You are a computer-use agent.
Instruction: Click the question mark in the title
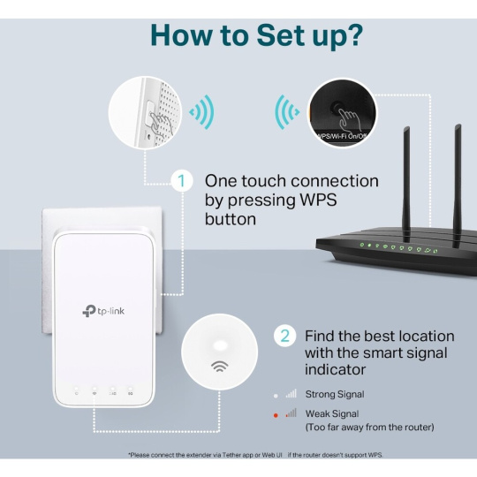click(352, 34)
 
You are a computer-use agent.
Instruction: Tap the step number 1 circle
click(182, 181)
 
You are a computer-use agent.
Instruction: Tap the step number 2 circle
click(284, 337)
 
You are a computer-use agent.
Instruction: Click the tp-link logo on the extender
click(103, 311)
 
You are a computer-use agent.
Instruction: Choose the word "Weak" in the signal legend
click(317, 413)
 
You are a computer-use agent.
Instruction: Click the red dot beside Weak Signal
click(276, 415)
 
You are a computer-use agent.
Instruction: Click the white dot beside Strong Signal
click(276, 396)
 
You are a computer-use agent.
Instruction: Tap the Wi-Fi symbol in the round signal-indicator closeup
click(220, 367)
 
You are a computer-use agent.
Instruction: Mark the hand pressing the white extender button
click(160, 122)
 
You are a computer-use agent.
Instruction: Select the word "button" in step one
click(231, 219)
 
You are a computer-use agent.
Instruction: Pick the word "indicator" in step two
click(336, 369)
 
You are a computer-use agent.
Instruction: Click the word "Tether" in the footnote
click(232, 455)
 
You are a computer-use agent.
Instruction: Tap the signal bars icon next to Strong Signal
click(291, 394)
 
